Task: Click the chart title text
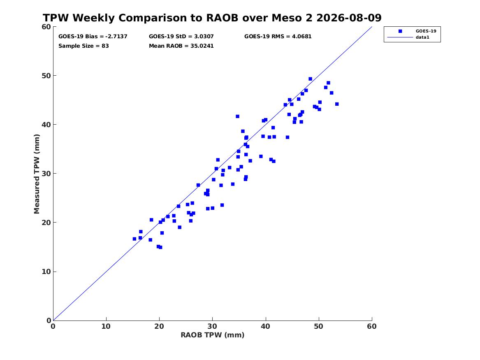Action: pyautogui.click(x=212, y=18)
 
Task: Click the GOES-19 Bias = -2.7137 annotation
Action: pyautogui.click(x=93, y=37)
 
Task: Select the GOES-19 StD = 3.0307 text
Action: pyautogui.click(x=181, y=37)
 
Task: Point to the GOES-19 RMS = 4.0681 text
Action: pyautogui.click(x=278, y=37)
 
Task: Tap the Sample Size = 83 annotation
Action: pyautogui.click(x=83, y=46)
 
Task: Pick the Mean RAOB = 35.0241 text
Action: pyautogui.click(x=181, y=46)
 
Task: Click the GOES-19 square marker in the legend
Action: pyautogui.click(x=400, y=31)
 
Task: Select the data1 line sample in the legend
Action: pyautogui.click(x=400, y=37)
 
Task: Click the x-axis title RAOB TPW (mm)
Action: pyautogui.click(x=213, y=335)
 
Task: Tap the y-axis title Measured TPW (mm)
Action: pyautogui.click(x=37, y=174)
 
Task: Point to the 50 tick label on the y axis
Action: pyautogui.click(x=46, y=76)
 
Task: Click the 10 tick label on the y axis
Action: pyautogui.click(x=46, y=272)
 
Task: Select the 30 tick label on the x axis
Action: pyautogui.click(x=213, y=326)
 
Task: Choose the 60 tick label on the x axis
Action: pyautogui.click(x=372, y=326)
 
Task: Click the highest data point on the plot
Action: pyautogui.click(x=310, y=79)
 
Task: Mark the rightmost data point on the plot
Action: pyautogui.click(x=337, y=104)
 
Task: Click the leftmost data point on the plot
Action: pyautogui.click(x=134, y=239)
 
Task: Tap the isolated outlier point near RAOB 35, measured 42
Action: pyautogui.click(x=238, y=116)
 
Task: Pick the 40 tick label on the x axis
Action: pyautogui.click(x=265, y=326)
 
